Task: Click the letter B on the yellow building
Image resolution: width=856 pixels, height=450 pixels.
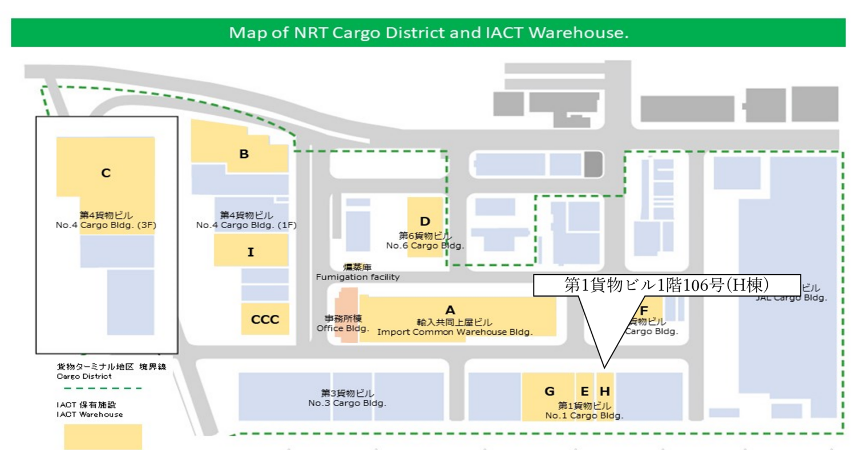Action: [244, 153]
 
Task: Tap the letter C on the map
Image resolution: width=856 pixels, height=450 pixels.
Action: [106, 173]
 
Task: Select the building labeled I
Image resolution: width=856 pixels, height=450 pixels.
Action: [251, 251]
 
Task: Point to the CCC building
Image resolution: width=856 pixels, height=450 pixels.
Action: [265, 319]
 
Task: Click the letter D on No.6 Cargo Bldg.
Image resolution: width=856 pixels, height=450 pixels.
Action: [425, 221]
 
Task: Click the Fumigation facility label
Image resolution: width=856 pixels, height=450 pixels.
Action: [358, 277]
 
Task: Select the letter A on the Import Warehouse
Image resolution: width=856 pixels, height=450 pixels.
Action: [450, 310]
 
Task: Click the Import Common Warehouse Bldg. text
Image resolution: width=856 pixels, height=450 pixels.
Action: [455, 332]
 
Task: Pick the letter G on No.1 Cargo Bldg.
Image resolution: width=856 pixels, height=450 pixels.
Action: [550, 391]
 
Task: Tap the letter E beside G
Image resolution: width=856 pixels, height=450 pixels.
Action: [584, 391]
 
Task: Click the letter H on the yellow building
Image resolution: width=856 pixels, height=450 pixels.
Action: [605, 391]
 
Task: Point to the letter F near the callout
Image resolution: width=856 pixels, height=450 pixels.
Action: [644, 311]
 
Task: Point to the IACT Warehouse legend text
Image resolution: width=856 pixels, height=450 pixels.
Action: [90, 414]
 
